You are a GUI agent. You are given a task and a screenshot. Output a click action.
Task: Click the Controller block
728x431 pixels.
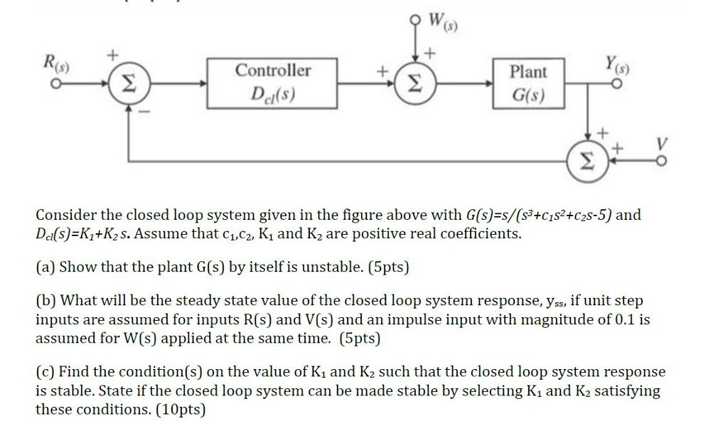click(x=272, y=83)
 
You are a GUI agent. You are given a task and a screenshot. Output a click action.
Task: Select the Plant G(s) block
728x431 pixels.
click(x=528, y=83)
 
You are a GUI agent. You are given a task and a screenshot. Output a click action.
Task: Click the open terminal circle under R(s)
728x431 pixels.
click(x=51, y=84)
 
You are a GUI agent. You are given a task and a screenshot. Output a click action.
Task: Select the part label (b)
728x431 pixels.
click(x=46, y=302)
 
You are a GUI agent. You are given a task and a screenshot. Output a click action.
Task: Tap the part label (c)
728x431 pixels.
click(x=45, y=371)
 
